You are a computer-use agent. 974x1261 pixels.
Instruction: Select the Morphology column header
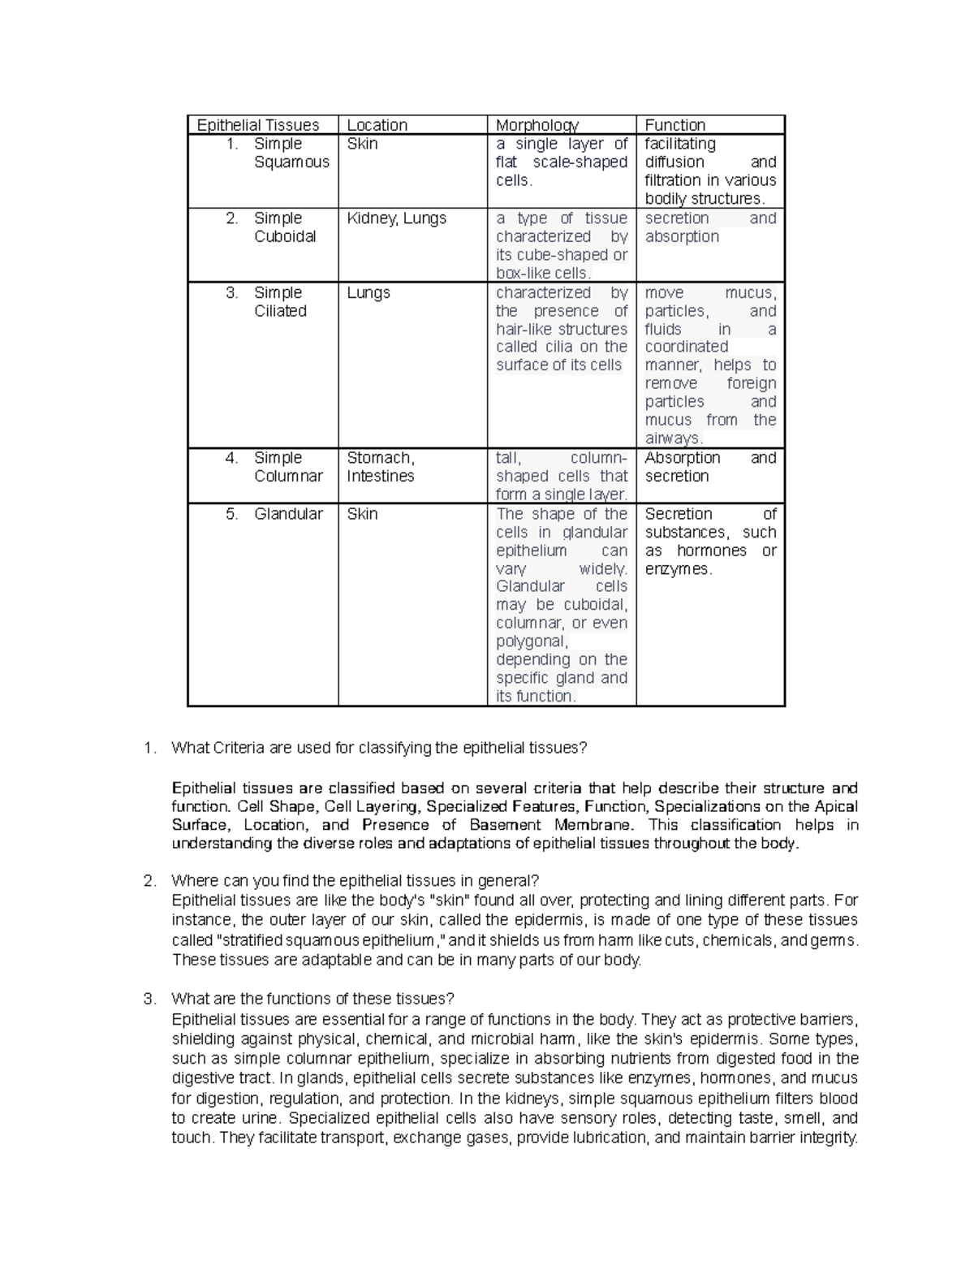point(537,125)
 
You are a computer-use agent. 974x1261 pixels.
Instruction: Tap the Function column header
point(674,125)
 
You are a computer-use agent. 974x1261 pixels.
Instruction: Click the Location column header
point(377,125)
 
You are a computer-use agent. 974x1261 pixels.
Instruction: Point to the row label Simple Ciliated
point(280,301)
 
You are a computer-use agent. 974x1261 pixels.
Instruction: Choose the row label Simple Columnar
point(287,467)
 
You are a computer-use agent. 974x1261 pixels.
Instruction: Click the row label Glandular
point(288,514)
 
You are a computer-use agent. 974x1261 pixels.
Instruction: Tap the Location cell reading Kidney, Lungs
point(396,218)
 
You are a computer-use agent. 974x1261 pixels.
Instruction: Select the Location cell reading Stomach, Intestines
point(381,467)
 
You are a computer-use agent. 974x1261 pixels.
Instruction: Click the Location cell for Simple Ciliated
point(368,293)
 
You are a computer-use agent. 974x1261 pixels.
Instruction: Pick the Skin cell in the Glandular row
point(362,514)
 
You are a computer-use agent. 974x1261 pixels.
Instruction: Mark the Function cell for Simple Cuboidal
point(709,227)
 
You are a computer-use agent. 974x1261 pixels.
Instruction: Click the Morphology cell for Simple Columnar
point(562,476)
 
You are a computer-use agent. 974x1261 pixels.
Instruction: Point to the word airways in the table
point(672,438)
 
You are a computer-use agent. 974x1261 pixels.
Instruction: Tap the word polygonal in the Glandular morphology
point(532,641)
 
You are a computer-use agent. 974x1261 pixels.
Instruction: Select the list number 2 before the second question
point(148,881)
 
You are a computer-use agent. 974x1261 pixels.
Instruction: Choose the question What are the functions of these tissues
point(312,999)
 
